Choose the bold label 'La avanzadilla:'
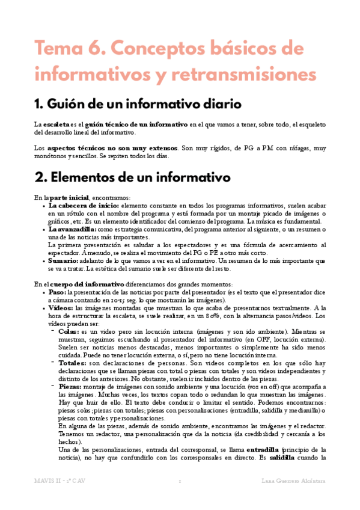tap(72, 229)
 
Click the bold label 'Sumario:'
tap(64, 262)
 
